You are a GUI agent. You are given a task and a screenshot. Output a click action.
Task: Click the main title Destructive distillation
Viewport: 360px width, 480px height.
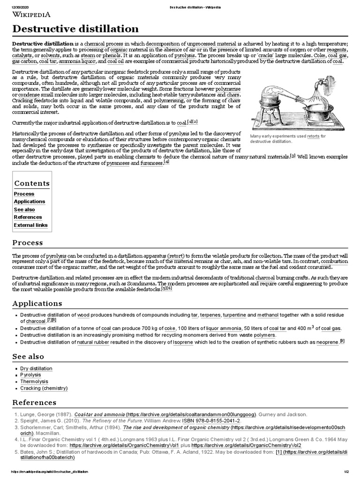(x=75, y=30)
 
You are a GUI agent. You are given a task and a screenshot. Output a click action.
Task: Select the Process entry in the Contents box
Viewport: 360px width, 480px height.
(x=24, y=194)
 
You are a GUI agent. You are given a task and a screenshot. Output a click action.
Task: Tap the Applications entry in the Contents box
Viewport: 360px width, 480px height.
(x=30, y=202)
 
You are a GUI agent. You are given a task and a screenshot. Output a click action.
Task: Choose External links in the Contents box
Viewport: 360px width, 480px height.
(x=30, y=225)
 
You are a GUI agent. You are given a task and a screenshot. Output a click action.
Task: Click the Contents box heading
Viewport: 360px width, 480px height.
(x=32, y=183)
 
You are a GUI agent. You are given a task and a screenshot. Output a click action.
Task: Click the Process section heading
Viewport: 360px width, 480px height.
(x=28, y=243)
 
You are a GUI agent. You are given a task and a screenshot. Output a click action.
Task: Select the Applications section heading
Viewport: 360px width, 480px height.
(x=37, y=304)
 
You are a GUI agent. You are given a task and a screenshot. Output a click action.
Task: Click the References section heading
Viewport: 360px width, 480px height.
(x=34, y=403)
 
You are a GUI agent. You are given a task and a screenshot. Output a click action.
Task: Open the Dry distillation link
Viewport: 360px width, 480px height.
(x=37, y=369)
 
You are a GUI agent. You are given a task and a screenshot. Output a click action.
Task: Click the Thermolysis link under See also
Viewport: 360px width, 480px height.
(x=34, y=382)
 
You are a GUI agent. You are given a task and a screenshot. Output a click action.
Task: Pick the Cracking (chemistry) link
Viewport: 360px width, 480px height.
(x=44, y=389)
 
